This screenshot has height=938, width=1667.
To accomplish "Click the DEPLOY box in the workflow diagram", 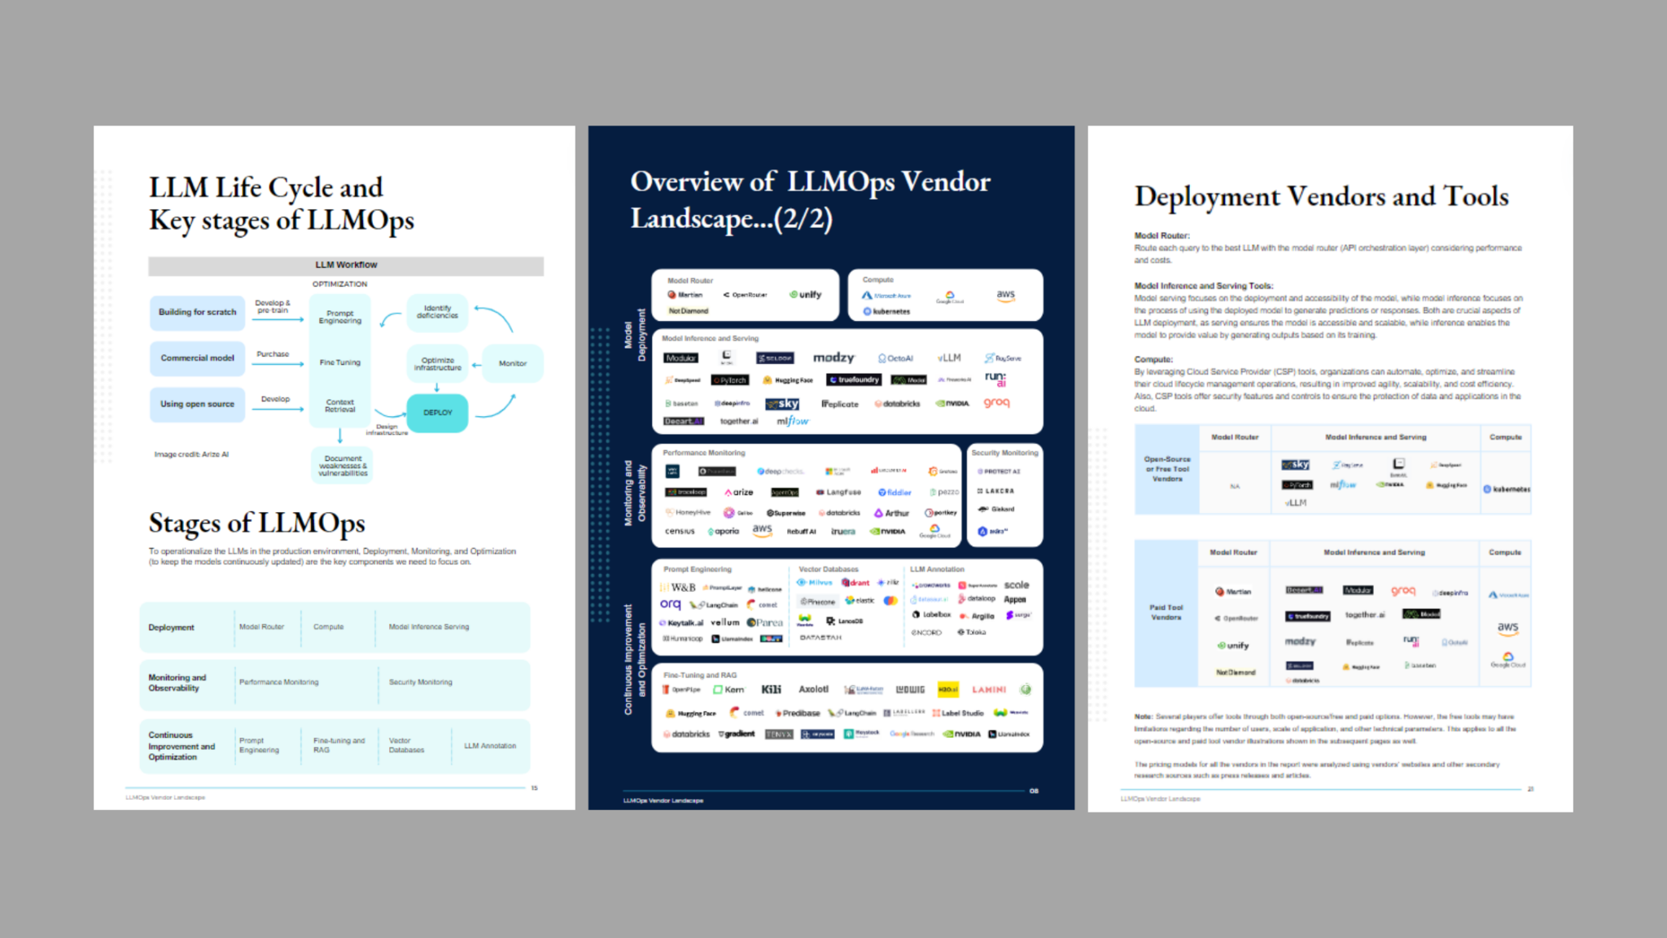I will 437,413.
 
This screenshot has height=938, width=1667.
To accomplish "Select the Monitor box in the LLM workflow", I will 512,363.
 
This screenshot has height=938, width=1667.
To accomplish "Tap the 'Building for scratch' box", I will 197,312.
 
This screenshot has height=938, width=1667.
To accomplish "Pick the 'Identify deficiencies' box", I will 437,312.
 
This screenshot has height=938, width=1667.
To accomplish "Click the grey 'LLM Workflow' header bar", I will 346,265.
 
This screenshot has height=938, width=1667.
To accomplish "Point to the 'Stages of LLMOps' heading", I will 256,523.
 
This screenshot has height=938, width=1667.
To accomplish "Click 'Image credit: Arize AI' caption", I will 191,454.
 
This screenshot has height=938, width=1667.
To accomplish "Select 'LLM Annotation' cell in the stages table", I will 490,746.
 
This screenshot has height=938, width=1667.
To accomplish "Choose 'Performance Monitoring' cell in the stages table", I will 278,682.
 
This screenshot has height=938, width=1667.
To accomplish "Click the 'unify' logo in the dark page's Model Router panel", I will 806,295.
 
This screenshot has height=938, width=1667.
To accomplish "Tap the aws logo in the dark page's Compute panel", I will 1006,295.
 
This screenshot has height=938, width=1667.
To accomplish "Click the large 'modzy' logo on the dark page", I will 833,357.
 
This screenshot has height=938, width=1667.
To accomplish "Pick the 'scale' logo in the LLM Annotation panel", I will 1017,585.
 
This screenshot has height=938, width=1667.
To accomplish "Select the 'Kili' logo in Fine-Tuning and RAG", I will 771,690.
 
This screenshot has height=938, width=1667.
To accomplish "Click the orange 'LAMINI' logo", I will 989,690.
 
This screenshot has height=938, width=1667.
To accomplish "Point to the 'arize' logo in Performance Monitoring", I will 739,493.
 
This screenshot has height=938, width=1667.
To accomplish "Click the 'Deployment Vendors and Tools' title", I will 1321,197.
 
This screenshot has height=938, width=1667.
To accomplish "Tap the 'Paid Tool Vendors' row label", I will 1166,612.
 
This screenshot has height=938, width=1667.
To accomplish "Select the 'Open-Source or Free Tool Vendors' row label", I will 1167,469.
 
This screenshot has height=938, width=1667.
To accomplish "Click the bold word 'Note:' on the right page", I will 1143,717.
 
